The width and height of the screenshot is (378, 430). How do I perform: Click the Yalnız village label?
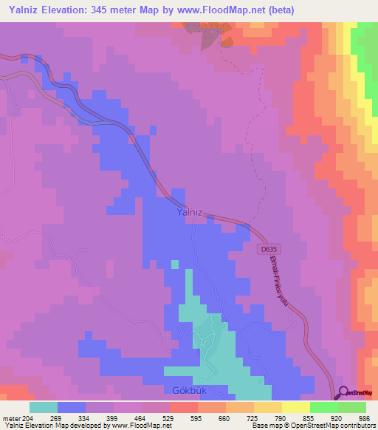click(189, 211)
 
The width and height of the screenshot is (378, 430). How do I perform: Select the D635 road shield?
click(270, 250)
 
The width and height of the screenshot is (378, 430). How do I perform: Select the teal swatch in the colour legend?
click(44, 407)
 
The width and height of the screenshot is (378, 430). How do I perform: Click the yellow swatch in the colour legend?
click(295, 407)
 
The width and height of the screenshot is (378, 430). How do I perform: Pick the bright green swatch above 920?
click(323, 407)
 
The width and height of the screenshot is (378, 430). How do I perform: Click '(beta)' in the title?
click(278, 11)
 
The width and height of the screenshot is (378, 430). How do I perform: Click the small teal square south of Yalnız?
click(174, 263)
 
